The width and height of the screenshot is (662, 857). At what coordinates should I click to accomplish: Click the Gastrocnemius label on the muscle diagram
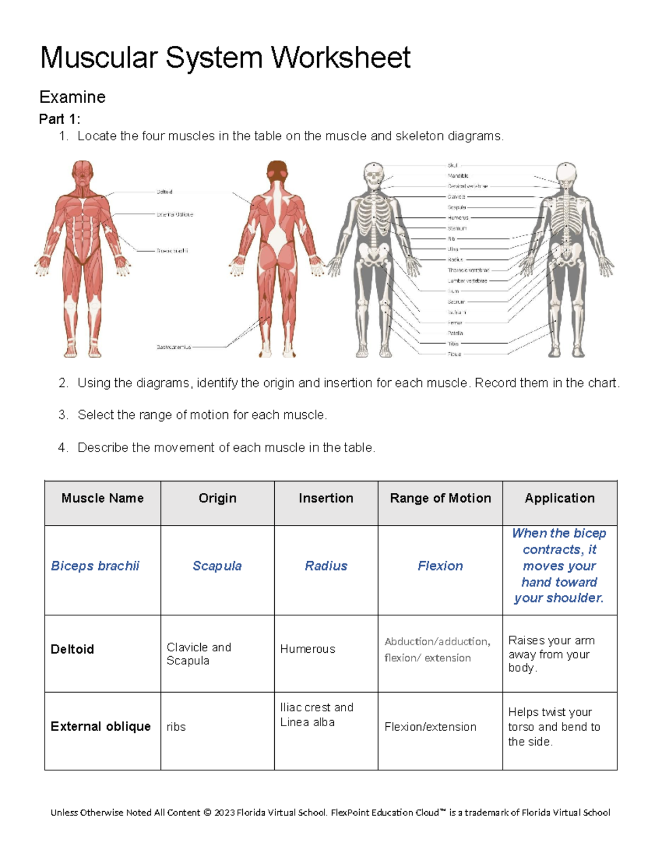pos(174,347)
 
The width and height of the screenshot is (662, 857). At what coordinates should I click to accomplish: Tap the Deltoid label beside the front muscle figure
pos(164,192)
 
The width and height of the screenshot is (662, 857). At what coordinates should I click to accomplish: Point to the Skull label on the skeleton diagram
pos(452,165)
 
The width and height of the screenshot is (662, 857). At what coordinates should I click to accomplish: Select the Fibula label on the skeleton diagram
pos(454,354)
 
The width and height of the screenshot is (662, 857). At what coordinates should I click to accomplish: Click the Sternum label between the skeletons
pos(457,228)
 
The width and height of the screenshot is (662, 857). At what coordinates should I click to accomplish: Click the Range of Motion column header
pos(440,498)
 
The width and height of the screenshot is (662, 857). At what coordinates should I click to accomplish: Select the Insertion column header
pos(326,498)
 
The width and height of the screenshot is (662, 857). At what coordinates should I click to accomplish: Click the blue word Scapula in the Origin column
pos(217,566)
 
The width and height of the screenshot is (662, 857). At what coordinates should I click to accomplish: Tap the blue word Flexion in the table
pos(440,566)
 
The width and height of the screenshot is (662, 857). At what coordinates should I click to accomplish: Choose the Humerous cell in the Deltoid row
pos(307,649)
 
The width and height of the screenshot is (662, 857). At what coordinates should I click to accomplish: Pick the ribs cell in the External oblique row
pos(176,727)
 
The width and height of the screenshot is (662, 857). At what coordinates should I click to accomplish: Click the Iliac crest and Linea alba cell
pos(317,715)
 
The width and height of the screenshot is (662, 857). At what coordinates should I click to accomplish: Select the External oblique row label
pos(100,726)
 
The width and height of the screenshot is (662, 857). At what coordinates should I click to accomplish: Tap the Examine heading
pos(72,97)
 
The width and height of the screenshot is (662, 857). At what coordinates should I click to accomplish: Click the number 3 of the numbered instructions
pos(62,415)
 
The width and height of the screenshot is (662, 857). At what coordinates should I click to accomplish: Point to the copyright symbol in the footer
pos(207,812)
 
